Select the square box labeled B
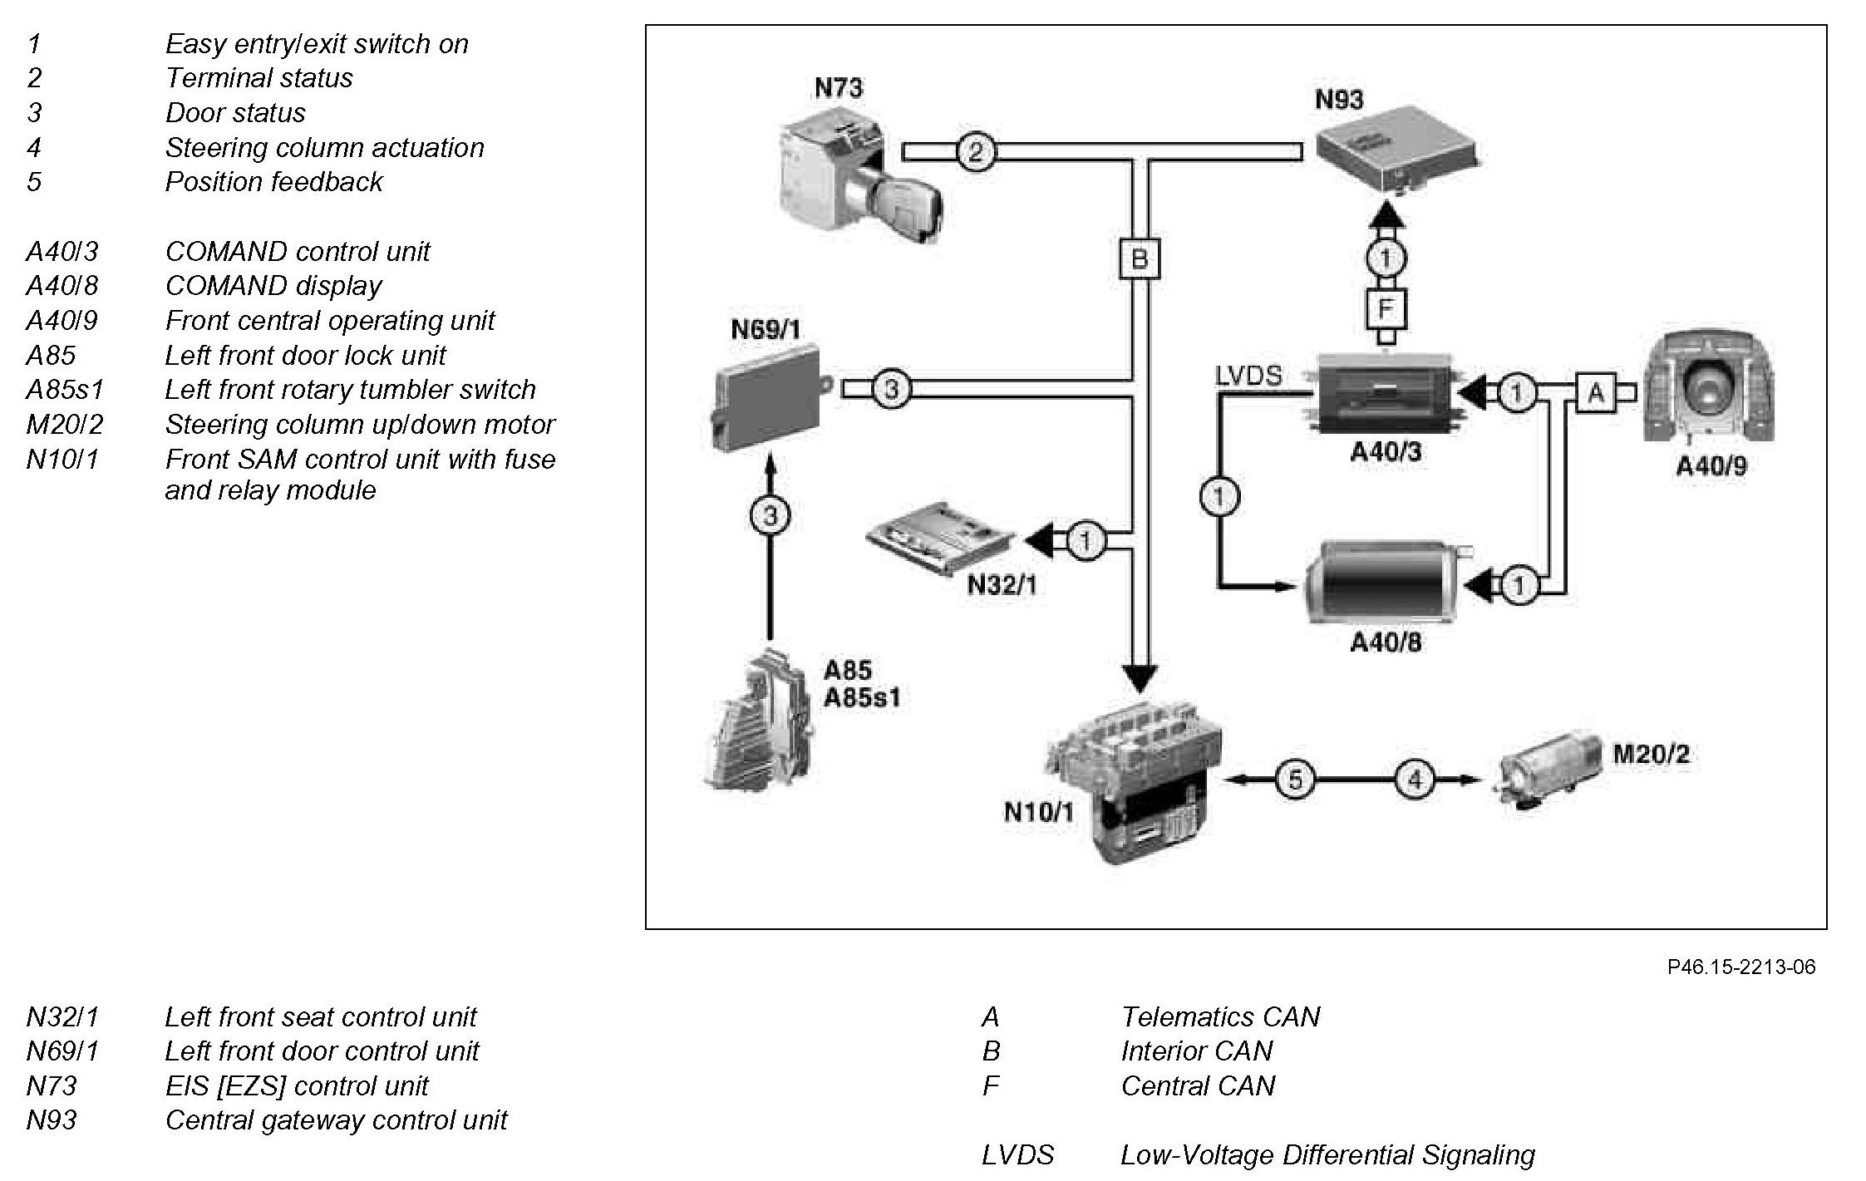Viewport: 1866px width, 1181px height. click(1139, 259)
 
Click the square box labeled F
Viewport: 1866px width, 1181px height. click(1385, 309)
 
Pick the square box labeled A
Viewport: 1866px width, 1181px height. click(1596, 392)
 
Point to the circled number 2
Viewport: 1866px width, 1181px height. click(976, 151)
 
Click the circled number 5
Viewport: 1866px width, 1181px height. click(1295, 780)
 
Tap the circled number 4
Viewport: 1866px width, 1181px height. click(1415, 780)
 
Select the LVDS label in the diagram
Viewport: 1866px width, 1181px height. click(1248, 376)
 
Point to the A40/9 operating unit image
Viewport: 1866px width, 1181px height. click(1710, 387)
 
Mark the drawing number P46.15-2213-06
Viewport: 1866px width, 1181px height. click(1741, 967)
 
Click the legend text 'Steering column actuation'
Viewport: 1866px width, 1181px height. click(324, 147)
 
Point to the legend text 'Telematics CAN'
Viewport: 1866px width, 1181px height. click(1219, 1016)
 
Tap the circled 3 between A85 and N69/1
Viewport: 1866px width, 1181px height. click(771, 516)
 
